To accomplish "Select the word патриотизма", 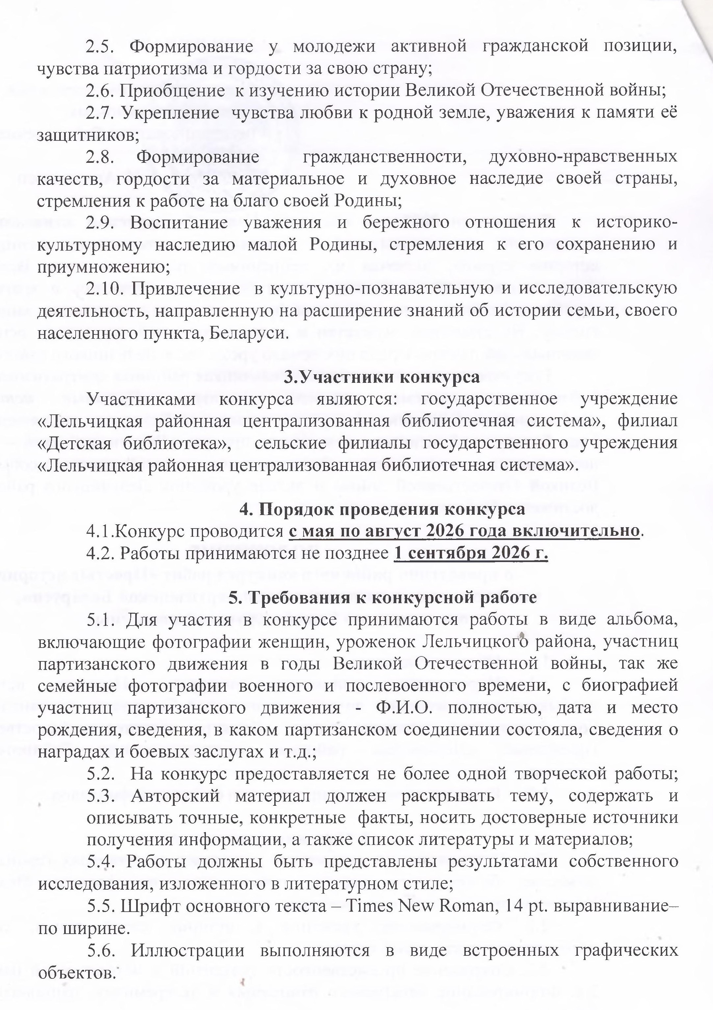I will tap(145, 69).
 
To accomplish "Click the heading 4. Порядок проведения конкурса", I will tap(382, 509).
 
